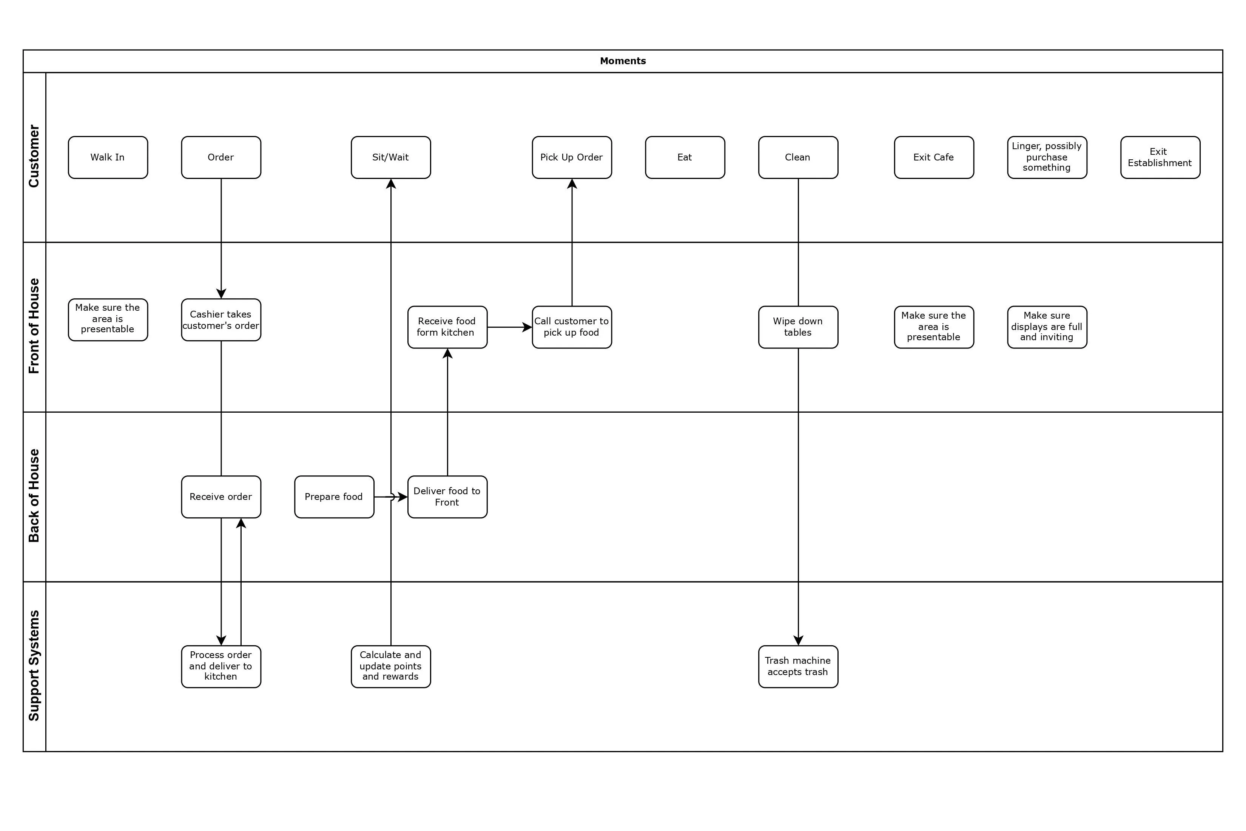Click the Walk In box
point(108,157)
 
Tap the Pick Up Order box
point(572,157)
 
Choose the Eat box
point(685,157)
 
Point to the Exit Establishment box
point(1160,157)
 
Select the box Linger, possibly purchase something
point(1047,157)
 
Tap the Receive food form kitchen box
point(447,327)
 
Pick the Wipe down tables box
point(798,327)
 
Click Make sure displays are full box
point(1047,327)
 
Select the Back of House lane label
point(34,496)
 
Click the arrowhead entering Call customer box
point(527,327)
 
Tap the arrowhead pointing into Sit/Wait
point(391,184)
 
